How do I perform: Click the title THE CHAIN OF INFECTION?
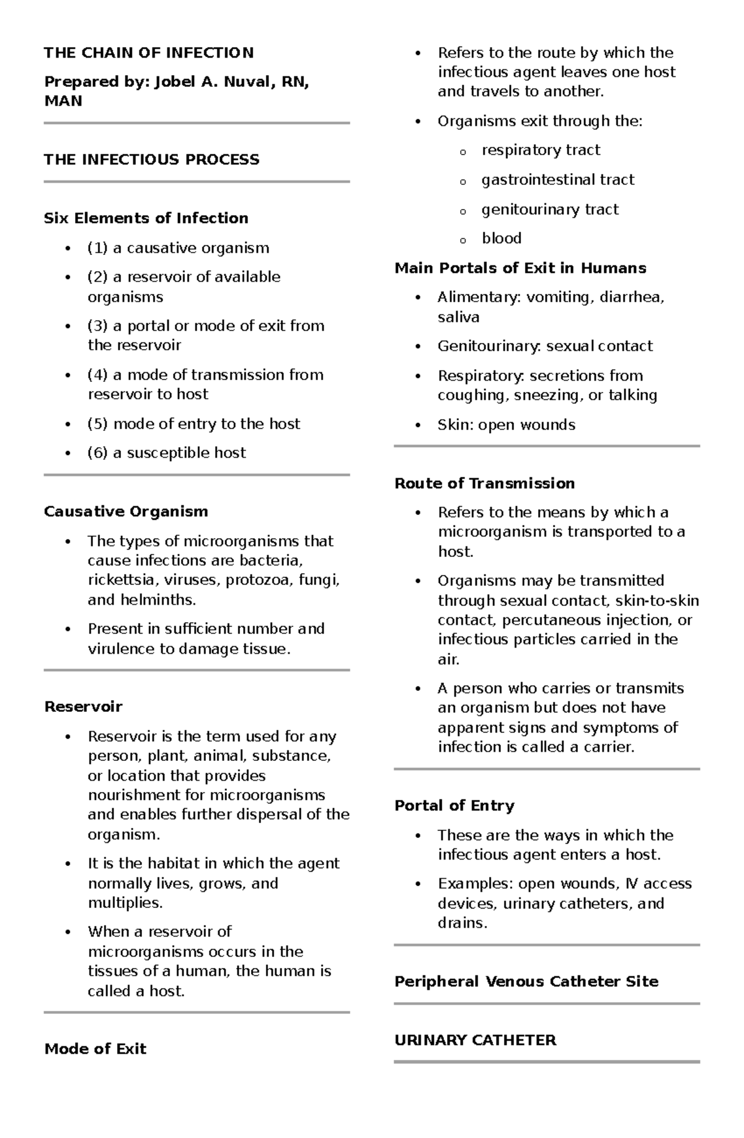[149, 53]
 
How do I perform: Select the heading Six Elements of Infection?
[146, 218]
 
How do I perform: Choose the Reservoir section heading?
[83, 707]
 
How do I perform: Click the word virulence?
[118, 649]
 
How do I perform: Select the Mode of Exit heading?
[95, 1049]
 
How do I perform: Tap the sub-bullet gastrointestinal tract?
[557, 180]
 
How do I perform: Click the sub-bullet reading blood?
[501, 238]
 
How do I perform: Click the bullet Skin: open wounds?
[506, 425]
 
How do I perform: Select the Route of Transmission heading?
[484, 483]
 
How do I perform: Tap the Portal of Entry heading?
[454, 806]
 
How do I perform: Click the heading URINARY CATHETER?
[475, 1040]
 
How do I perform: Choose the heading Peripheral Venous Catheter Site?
[526, 982]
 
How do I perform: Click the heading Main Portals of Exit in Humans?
[520, 268]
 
